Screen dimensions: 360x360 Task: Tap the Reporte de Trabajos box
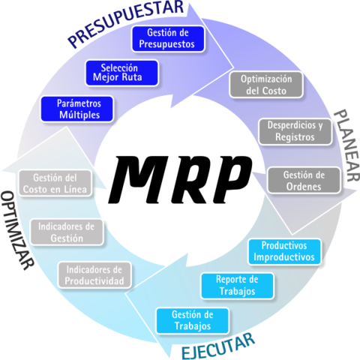(236, 284)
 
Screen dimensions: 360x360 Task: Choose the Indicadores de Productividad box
(94, 274)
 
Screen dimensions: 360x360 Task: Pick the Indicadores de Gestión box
(67, 231)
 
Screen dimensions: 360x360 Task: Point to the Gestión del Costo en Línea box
(58, 184)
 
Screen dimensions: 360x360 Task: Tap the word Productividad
(94, 280)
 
